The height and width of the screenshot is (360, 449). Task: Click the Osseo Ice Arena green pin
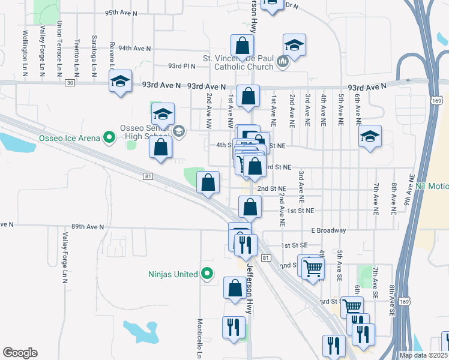(x=109, y=138)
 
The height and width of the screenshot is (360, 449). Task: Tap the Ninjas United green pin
(x=207, y=274)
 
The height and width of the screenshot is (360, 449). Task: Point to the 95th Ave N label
(x=121, y=13)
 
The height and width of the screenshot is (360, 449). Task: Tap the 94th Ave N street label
(x=134, y=48)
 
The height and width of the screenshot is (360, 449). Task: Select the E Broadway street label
(x=328, y=230)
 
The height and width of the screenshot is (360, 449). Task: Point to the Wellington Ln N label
(x=25, y=53)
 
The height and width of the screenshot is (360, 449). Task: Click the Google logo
(x=20, y=353)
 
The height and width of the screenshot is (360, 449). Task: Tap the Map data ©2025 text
(x=424, y=355)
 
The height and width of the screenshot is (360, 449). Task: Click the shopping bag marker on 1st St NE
(x=250, y=207)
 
